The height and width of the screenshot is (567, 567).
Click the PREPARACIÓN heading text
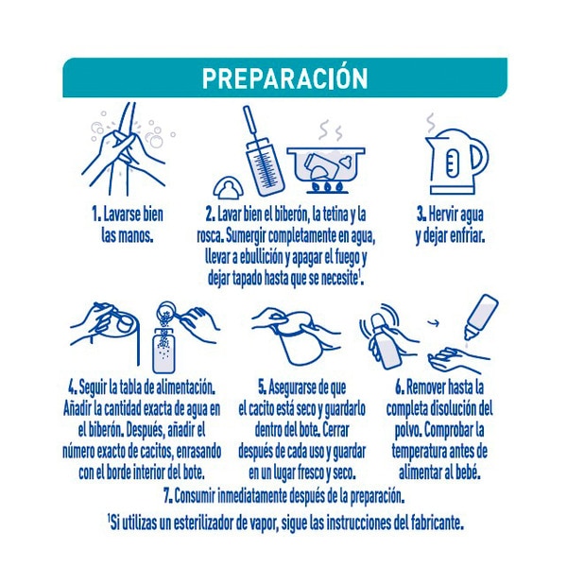285,78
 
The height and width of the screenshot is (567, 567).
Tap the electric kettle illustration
456,162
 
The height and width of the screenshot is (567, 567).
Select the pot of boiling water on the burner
326,168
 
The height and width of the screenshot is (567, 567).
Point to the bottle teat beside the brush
229,187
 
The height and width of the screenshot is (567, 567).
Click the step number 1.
95,215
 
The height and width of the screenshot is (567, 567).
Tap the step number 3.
421,215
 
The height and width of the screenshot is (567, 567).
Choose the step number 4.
73,388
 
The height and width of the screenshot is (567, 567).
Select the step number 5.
262,388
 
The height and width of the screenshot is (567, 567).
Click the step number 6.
400,388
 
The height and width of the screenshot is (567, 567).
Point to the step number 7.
168,496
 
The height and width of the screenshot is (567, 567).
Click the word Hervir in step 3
440,215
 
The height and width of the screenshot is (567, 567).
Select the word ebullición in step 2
259,257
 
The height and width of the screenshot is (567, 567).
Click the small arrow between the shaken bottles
433,322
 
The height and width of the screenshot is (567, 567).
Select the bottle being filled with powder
163,351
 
